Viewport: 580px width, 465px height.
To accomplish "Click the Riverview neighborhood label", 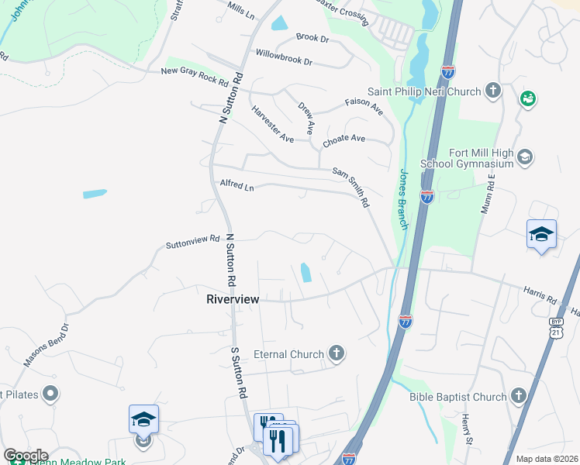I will pos(233,298).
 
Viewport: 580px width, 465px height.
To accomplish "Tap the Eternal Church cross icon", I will pos(336,354).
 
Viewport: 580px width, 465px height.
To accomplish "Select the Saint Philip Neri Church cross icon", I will pos(492,91).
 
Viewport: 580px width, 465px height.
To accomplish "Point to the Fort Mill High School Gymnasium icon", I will pos(525,158).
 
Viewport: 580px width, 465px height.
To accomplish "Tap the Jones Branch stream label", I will pos(403,198).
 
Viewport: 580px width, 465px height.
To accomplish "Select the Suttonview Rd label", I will pos(193,243).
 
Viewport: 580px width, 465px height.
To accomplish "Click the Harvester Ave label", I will pos(273,124).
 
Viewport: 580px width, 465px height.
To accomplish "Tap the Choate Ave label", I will pos(344,139).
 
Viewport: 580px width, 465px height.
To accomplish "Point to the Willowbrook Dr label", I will pos(283,57).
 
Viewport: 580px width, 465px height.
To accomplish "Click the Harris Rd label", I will pos(540,296).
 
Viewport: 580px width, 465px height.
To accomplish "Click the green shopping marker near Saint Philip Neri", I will pos(529,99).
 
